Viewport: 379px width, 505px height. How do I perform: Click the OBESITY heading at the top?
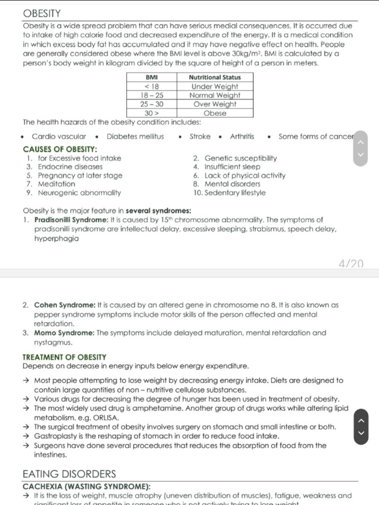pos(42,13)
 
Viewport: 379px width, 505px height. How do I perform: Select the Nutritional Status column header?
pos(215,77)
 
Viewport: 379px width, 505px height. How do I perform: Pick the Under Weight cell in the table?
pos(215,86)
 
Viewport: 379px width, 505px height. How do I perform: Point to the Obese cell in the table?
pos(215,113)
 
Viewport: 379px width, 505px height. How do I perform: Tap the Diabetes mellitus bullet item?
pos(135,137)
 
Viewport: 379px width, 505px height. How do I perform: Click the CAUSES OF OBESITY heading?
pos(60,149)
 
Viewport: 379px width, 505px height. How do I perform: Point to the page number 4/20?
pos(351,264)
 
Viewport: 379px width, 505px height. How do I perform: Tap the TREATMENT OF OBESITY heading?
pos(64,357)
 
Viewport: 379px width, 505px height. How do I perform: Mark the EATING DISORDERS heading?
pos(69,474)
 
